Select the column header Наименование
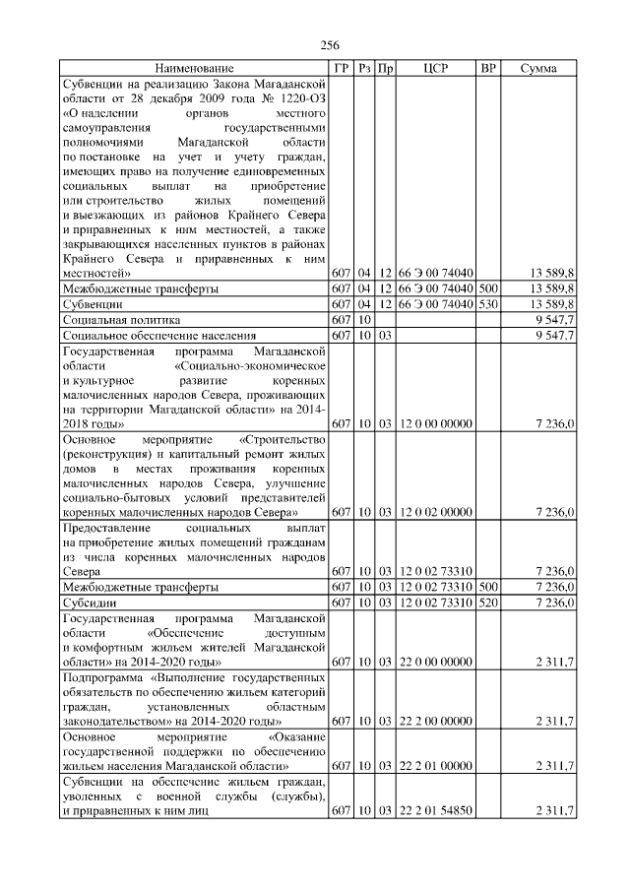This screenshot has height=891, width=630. [x=194, y=69]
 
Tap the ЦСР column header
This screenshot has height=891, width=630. [x=436, y=69]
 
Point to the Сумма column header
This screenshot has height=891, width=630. [x=538, y=69]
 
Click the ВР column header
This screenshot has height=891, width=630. [x=487, y=69]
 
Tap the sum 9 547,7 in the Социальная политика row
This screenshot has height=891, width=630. [x=554, y=320]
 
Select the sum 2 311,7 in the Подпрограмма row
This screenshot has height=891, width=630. [x=554, y=722]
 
